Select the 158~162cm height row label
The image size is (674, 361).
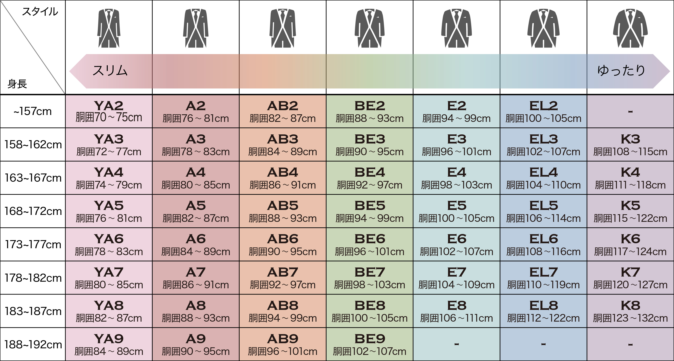pos(33,145)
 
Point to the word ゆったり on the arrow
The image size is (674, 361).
pos(621,71)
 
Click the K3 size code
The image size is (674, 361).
pos(630,139)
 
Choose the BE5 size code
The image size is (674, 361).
pos(370,206)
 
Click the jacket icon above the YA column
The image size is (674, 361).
pos(109,28)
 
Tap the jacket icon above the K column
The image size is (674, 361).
pos(630,28)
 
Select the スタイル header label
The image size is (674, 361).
pos(40,12)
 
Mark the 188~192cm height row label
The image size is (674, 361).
pos(33,345)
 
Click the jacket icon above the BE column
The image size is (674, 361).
pos(370,28)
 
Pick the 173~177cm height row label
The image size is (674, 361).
pos(33,244)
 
